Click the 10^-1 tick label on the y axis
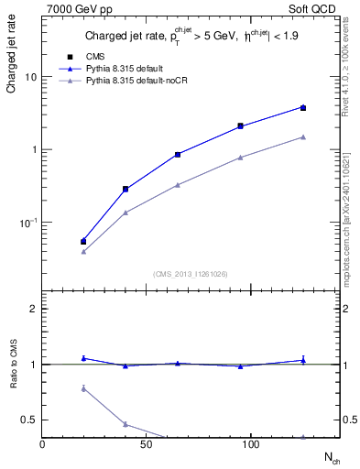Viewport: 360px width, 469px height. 28,223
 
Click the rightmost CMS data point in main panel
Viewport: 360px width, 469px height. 303,108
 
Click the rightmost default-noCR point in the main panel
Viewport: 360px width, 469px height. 303,137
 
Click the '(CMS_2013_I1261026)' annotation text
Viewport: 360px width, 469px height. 191,272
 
